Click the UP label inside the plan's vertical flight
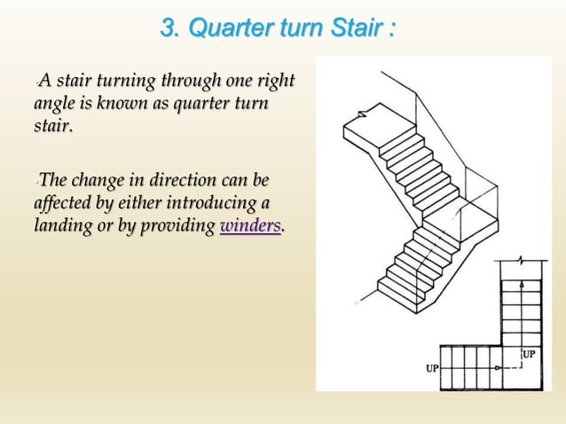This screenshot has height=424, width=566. (x=529, y=354)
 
